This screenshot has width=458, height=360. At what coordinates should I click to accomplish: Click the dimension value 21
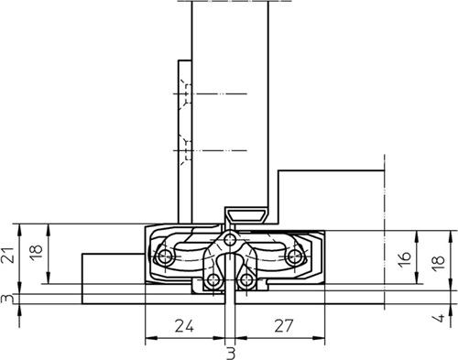click(x=8, y=255)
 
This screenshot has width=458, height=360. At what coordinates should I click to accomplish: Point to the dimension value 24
click(x=184, y=325)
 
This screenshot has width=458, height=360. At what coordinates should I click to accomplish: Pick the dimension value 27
click(x=284, y=325)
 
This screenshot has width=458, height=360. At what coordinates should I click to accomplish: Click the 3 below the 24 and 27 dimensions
click(x=231, y=354)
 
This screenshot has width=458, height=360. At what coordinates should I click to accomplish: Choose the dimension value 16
click(x=406, y=260)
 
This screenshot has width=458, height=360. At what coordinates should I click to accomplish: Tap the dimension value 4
click(x=440, y=318)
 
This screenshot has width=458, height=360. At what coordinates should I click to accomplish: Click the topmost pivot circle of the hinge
click(x=230, y=240)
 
